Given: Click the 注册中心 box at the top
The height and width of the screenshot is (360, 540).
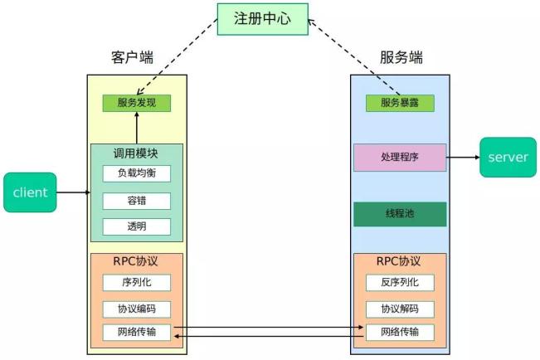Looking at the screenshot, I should (262, 18).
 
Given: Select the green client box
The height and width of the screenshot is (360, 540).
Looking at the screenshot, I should (30, 192).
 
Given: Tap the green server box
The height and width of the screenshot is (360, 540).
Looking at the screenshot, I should (508, 158).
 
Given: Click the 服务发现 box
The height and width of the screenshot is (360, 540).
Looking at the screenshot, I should (137, 104).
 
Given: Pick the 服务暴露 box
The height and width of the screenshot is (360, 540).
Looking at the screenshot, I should (400, 104).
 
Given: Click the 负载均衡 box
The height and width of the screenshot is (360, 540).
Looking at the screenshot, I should (137, 173).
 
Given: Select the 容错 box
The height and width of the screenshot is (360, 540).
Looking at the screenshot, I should (137, 201).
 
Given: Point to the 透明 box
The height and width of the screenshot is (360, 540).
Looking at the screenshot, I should (137, 226).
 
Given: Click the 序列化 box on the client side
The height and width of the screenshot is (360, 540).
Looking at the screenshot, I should (137, 282).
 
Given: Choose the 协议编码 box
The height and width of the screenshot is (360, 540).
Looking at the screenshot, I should (137, 309).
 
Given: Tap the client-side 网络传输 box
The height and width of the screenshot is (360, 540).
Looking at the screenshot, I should (137, 333).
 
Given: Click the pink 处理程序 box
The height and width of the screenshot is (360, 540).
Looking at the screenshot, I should (400, 157).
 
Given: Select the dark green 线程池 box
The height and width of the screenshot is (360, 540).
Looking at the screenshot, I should (400, 213).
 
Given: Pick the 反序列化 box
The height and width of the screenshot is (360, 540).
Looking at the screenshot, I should (400, 282).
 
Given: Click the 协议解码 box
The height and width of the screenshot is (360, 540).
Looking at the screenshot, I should (400, 309).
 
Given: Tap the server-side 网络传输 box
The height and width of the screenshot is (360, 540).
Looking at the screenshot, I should (400, 333).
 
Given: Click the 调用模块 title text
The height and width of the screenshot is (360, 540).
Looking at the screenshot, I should (136, 153).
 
